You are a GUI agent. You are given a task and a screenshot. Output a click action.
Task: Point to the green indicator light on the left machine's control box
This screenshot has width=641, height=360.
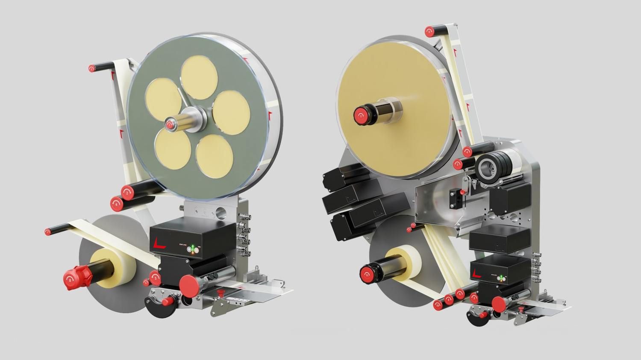tap(193, 247)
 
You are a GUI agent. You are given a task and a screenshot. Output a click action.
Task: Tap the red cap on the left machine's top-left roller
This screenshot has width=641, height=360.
tap(92, 68)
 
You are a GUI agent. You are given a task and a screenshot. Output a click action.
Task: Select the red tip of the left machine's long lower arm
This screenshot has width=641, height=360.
tap(48, 231)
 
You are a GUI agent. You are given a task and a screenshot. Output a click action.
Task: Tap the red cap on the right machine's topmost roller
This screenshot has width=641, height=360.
tap(429, 31)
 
